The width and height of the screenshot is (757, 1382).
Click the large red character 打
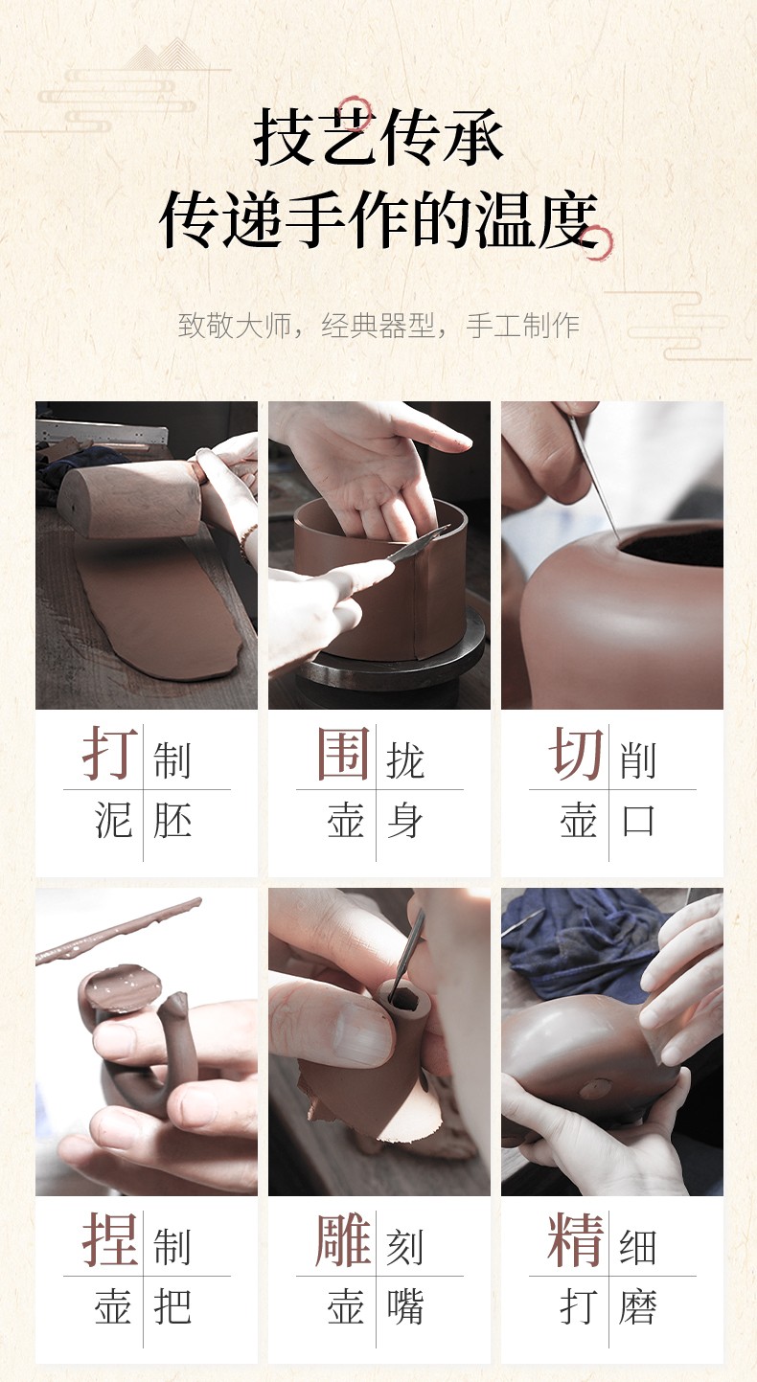pos(110,754)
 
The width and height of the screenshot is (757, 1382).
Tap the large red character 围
pos(343,754)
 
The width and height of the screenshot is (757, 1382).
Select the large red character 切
pos(576,754)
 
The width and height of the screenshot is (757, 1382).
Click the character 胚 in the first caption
pos(172,821)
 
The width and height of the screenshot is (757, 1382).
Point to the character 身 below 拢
pos(405,821)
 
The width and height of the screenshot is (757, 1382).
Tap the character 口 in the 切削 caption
pos(638,821)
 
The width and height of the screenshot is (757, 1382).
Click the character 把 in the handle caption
pos(172,1306)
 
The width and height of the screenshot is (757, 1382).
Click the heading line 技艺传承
pos(378,136)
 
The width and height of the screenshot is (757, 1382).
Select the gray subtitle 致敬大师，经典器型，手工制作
pos(378,325)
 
